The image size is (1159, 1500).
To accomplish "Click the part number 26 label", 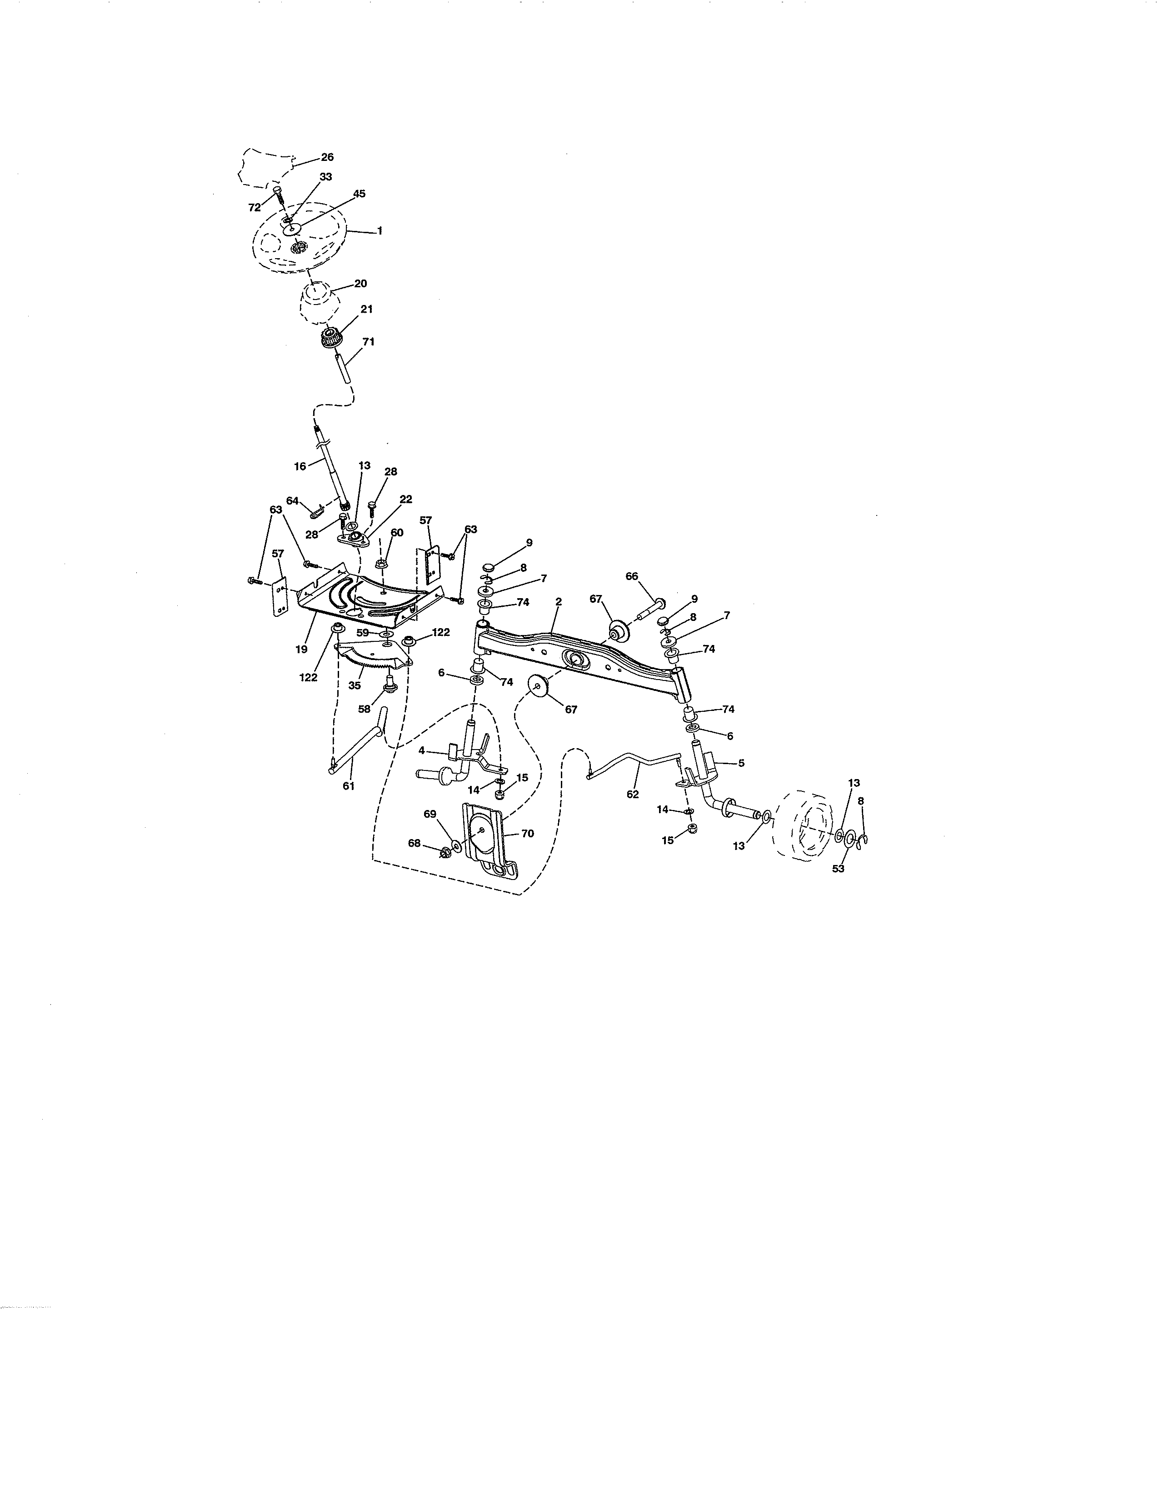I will click(328, 157).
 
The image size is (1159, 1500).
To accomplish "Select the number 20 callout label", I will click(360, 284).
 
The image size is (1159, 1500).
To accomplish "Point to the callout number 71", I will click(369, 341).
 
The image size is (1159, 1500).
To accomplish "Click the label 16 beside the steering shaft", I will click(300, 466).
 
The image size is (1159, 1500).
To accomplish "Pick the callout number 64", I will click(293, 501).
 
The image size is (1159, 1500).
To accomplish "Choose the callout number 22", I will click(406, 499).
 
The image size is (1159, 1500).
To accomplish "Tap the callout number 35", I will click(355, 685).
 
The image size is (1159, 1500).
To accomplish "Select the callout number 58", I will click(364, 709).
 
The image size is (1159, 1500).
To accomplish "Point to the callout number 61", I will click(349, 786).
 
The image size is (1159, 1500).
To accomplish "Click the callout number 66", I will click(632, 576).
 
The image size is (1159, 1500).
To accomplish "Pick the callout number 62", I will click(632, 794).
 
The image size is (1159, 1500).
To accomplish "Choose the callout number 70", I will click(527, 834).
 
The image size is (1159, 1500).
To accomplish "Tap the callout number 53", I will click(839, 869).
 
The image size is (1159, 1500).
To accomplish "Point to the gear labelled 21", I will click(332, 339).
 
